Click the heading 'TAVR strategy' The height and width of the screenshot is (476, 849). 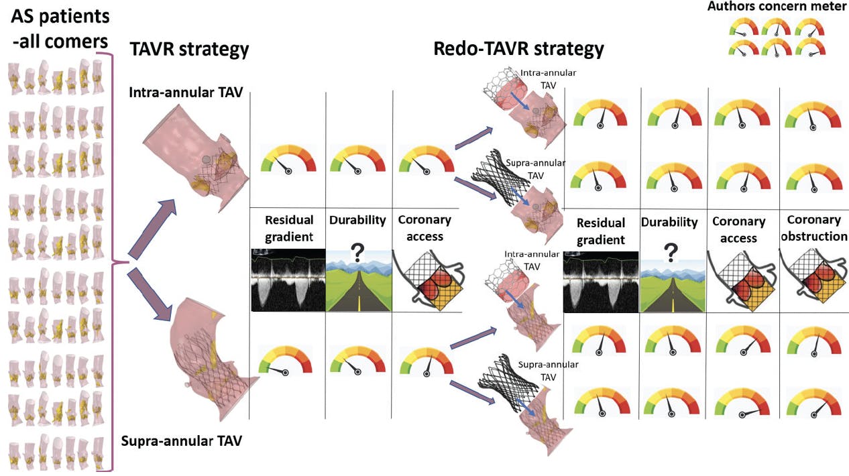tap(189, 49)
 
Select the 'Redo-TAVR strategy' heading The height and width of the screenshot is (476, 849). tap(518, 49)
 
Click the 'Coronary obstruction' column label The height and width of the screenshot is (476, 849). tap(814, 228)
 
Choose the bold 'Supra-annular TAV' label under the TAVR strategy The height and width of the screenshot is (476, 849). tap(181, 441)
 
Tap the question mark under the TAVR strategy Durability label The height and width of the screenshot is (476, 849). tap(357, 253)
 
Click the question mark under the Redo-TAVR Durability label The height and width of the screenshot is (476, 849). tap(669, 253)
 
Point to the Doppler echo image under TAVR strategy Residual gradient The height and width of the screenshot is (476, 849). tap(287, 280)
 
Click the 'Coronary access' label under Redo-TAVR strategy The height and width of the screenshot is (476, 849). tap(738, 229)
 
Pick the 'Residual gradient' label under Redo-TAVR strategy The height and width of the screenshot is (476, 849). tap(601, 231)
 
